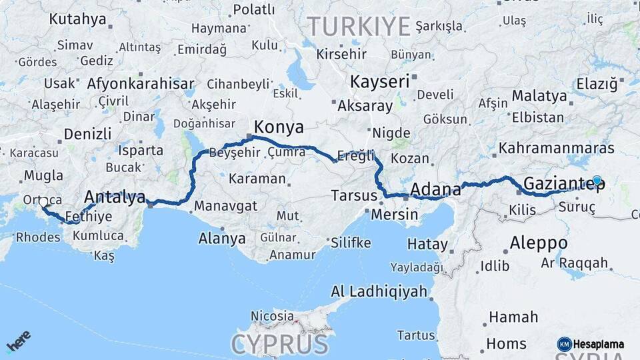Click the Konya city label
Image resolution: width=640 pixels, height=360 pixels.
[x=279, y=127]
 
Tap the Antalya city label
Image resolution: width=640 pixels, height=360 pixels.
[x=115, y=197]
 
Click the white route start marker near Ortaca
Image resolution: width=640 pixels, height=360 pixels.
[x=43, y=202]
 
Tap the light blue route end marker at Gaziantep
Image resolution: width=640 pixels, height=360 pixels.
[x=597, y=181]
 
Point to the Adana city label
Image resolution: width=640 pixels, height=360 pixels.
[x=435, y=190]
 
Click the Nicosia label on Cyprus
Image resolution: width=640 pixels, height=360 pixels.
[x=272, y=315]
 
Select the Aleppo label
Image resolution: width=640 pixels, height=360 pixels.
[x=539, y=243]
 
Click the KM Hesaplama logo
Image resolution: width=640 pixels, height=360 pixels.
[x=591, y=344]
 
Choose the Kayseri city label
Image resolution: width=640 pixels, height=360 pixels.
[x=379, y=82]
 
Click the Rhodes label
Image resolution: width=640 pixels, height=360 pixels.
[x=38, y=237]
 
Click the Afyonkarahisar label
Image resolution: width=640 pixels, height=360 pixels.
[x=141, y=85]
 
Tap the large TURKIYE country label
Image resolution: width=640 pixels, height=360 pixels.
[x=358, y=26]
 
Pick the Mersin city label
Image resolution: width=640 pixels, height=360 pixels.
[x=394, y=215]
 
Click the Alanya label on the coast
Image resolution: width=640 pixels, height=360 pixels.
[x=222, y=238]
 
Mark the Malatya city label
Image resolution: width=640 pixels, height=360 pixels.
[x=540, y=95]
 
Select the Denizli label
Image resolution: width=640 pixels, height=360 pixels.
[x=87, y=133]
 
